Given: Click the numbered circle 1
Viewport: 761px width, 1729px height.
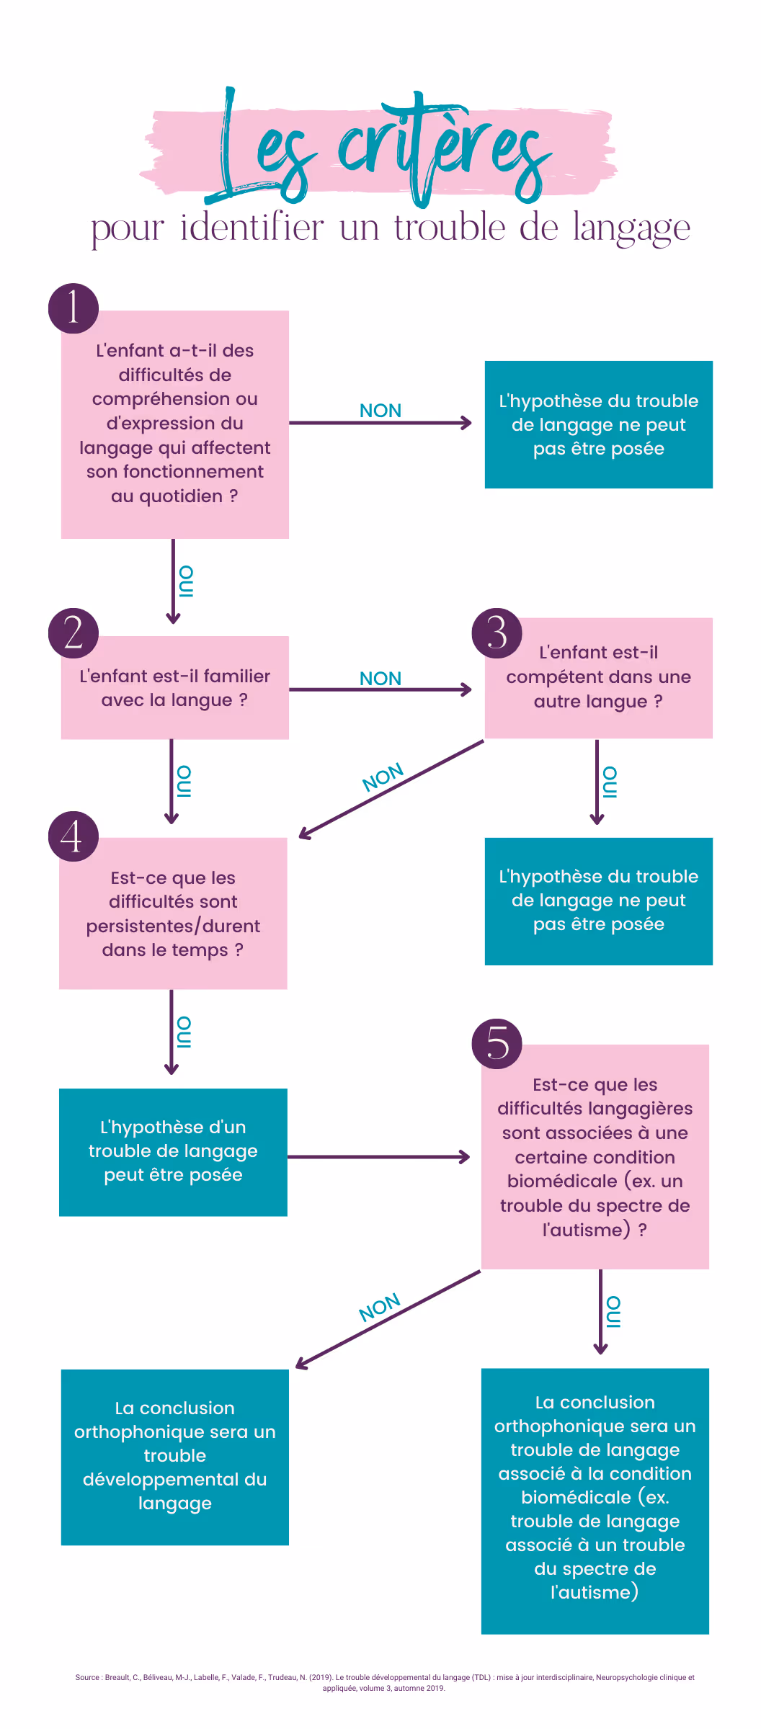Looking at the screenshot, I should click(74, 308).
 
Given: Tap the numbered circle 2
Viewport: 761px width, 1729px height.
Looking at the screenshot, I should click(74, 633).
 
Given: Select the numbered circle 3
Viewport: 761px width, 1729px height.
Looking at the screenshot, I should click(497, 633).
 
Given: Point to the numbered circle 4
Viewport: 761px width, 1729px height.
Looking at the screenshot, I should click(74, 836).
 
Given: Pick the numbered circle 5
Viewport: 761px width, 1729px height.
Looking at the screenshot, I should click(497, 1043).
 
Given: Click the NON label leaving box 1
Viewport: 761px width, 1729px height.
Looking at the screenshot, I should click(380, 411).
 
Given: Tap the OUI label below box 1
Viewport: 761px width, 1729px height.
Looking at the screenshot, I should click(186, 582).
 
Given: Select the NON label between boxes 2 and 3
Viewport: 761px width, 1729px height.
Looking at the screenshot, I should click(380, 679).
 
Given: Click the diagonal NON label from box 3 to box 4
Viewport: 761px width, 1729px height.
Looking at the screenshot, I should click(383, 777).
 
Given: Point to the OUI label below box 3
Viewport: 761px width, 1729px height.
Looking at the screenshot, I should click(610, 782).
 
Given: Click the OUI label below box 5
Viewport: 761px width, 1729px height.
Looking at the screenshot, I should click(613, 1312).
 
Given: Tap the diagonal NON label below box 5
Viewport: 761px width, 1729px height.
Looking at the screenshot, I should click(380, 1308).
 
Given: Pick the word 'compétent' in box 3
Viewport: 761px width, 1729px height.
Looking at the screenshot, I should click(553, 677).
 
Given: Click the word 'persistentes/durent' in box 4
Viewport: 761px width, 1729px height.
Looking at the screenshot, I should click(173, 926).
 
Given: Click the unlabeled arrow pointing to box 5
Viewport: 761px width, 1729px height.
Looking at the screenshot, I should click(378, 1157).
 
